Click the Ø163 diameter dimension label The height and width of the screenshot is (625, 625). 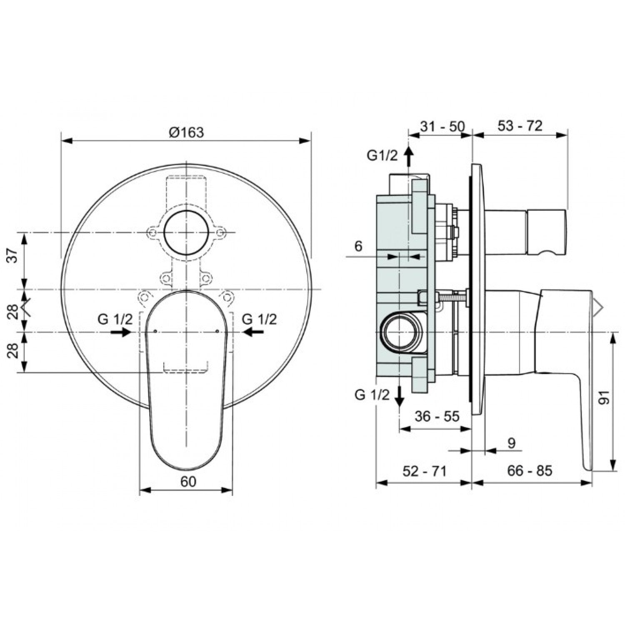186,132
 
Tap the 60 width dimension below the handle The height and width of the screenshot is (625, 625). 188,481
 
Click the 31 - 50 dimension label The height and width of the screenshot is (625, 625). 442,126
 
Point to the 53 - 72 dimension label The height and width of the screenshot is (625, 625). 520,126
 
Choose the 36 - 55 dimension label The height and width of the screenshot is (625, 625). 437,416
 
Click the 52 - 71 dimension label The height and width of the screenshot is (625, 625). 425,471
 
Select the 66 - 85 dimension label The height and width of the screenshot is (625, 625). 530,471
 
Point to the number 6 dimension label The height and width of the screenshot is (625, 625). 358,246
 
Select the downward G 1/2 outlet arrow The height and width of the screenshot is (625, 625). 399,396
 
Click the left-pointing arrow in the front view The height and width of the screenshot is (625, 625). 253,332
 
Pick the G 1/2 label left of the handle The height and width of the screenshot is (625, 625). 115,320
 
